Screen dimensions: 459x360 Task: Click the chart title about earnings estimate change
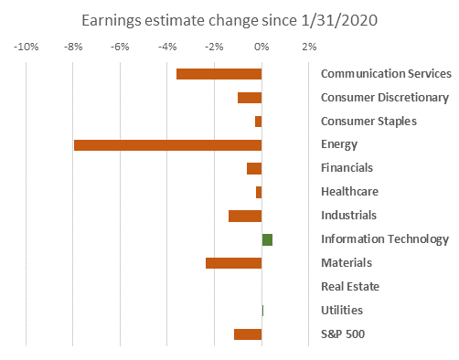tap(229, 21)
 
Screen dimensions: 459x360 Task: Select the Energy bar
tap(168, 145)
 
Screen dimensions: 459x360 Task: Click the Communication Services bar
tap(219, 74)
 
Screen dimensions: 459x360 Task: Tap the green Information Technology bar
tap(267, 240)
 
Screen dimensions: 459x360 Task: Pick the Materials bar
tap(234, 263)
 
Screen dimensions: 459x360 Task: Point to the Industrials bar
tap(245, 216)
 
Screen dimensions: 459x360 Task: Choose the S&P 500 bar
tap(248, 334)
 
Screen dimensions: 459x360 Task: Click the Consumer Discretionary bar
tap(250, 98)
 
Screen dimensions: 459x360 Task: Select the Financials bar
tap(254, 169)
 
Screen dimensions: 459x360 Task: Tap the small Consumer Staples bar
tap(259, 122)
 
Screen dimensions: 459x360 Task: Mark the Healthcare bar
tap(259, 193)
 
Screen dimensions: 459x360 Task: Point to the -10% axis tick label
tap(27, 47)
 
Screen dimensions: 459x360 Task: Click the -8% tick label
tap(73, 47)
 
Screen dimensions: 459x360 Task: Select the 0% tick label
tap(262, 47)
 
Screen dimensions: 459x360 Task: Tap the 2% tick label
tap(309, 47)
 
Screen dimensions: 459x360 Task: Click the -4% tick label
tap(167, 47)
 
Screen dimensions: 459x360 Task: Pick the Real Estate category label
tap(350, 287)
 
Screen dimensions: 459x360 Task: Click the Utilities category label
tap(342, 311)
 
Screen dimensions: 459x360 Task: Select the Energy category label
tap(339, 144)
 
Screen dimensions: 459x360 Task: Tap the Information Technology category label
tap(385, 239)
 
